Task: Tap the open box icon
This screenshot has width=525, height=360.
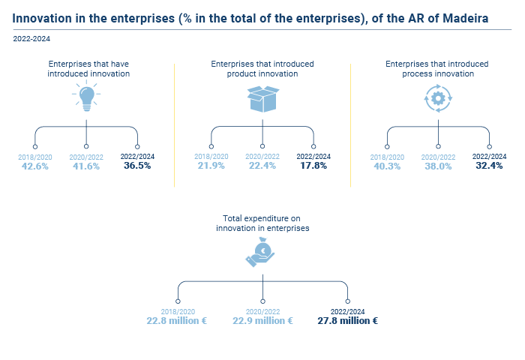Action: [x=263, y=99]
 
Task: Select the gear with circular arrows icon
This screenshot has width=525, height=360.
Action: [x=438, y=98]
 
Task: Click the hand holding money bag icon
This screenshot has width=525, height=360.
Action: [x=260, y=252]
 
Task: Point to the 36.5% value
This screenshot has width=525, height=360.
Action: [x=137, y=166]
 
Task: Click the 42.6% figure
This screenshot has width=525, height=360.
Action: [x=35, y=166]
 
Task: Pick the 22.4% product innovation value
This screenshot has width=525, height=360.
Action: [x=262, y=166]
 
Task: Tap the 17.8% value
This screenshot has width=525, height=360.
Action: [x=313, y=166]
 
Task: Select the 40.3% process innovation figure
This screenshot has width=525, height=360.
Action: [x=387, y=166]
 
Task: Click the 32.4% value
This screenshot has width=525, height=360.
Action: [x=489, y=166]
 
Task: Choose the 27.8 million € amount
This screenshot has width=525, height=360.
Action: [x=347, y=321]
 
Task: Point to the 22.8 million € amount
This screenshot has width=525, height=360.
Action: [x=177, y=321]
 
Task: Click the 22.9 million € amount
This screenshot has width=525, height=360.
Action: [x=262, y=321]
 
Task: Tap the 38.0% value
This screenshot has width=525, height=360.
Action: [x=438, y=166]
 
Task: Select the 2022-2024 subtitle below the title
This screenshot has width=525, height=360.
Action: [x=31, y=39]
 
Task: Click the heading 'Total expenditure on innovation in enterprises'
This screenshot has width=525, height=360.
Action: [x=262, y=223]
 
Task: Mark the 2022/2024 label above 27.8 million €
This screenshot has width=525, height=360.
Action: [x=347, y=312]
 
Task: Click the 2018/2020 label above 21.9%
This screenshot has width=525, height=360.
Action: [x=211, y=157]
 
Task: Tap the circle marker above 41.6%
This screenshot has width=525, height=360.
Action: [x=86, y=146]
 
